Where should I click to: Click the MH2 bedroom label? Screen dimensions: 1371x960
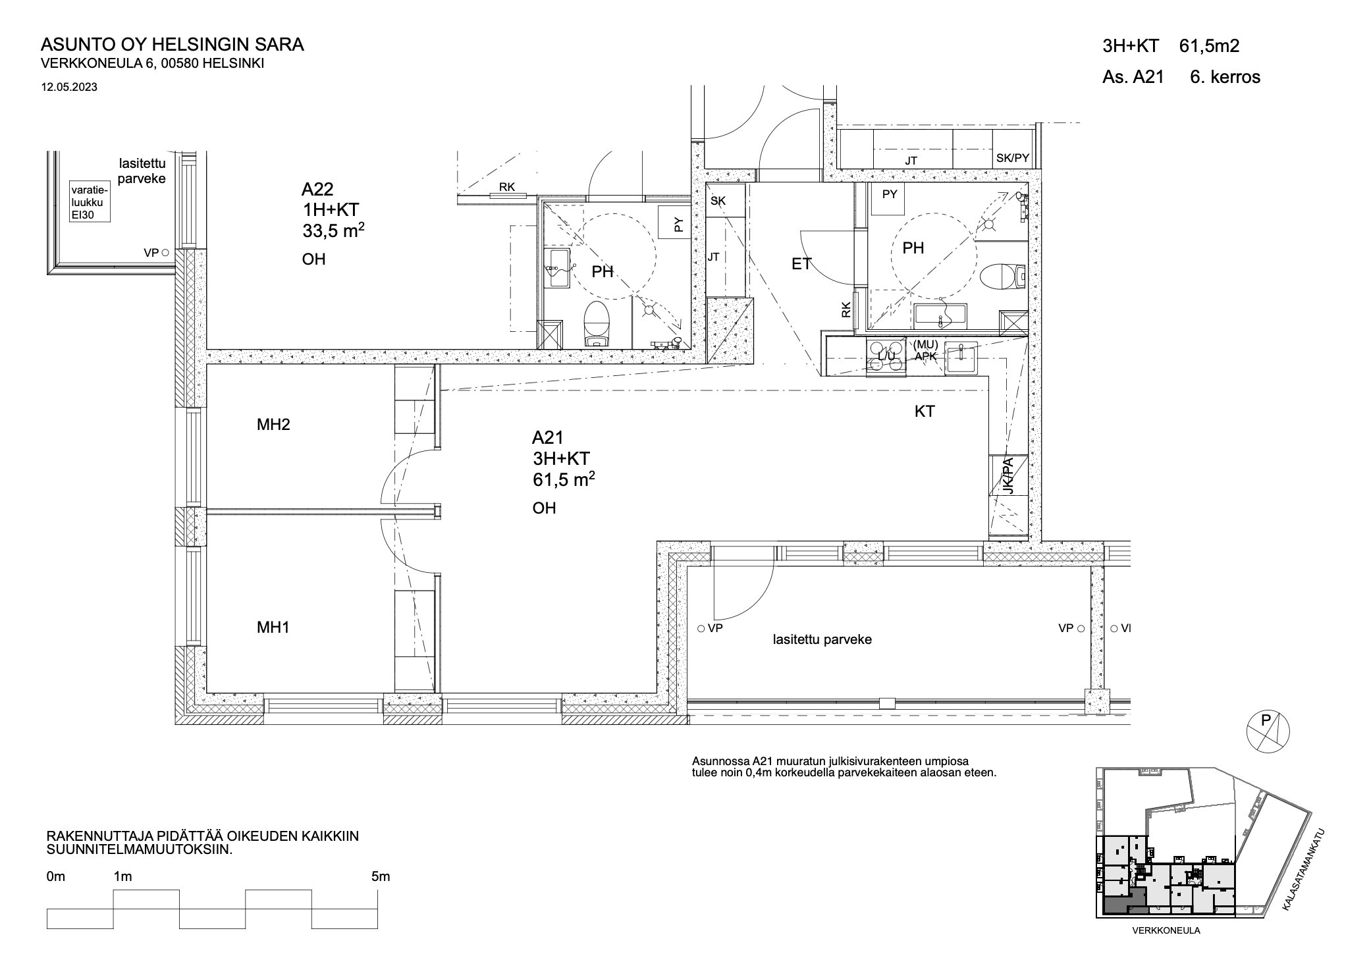coord(273,425)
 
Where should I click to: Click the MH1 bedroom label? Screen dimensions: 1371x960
coord(273,627)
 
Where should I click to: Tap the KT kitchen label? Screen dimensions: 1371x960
coord(925,412)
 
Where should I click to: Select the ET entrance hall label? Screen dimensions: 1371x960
coord(801,264)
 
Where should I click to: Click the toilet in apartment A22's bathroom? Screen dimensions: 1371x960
coord(598,323)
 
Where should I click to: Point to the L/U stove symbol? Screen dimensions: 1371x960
coord(886,357)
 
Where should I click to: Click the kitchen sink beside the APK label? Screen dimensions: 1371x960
coord(963,358)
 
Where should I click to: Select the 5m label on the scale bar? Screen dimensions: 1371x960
coord(381,876)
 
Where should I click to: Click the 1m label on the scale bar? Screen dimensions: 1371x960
coord(122,876)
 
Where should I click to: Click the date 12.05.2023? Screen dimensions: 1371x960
coord(69,86)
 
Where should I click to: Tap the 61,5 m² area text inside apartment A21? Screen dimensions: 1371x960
coord(564,479)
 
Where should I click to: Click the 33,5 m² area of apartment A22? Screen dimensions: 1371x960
coord(333,230)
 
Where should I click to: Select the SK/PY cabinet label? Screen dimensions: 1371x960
coord(1012,158)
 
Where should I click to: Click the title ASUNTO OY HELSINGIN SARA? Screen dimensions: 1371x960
coord(173,45)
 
